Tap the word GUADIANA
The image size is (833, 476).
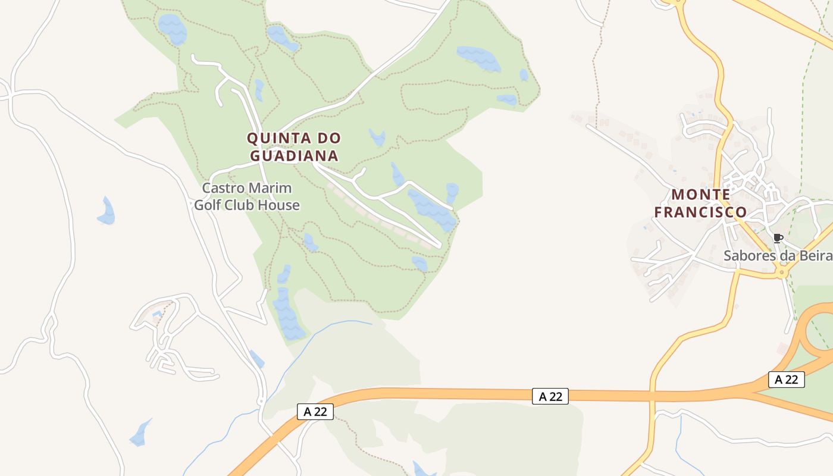[x=294, y=156]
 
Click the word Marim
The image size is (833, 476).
[x=271, y=189]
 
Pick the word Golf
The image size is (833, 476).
[x=208, y=206]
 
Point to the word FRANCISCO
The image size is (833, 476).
[x=701, y=212]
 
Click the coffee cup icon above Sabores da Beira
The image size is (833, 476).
[x=777, y=239]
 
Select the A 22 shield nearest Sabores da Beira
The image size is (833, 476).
[x=786, y=380]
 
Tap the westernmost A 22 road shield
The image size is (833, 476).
[x=315, y=412]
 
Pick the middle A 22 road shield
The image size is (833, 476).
[x=550, y=396]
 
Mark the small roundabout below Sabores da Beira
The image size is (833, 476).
[x=782, y=273]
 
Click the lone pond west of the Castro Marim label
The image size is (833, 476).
[x=107, y=212]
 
